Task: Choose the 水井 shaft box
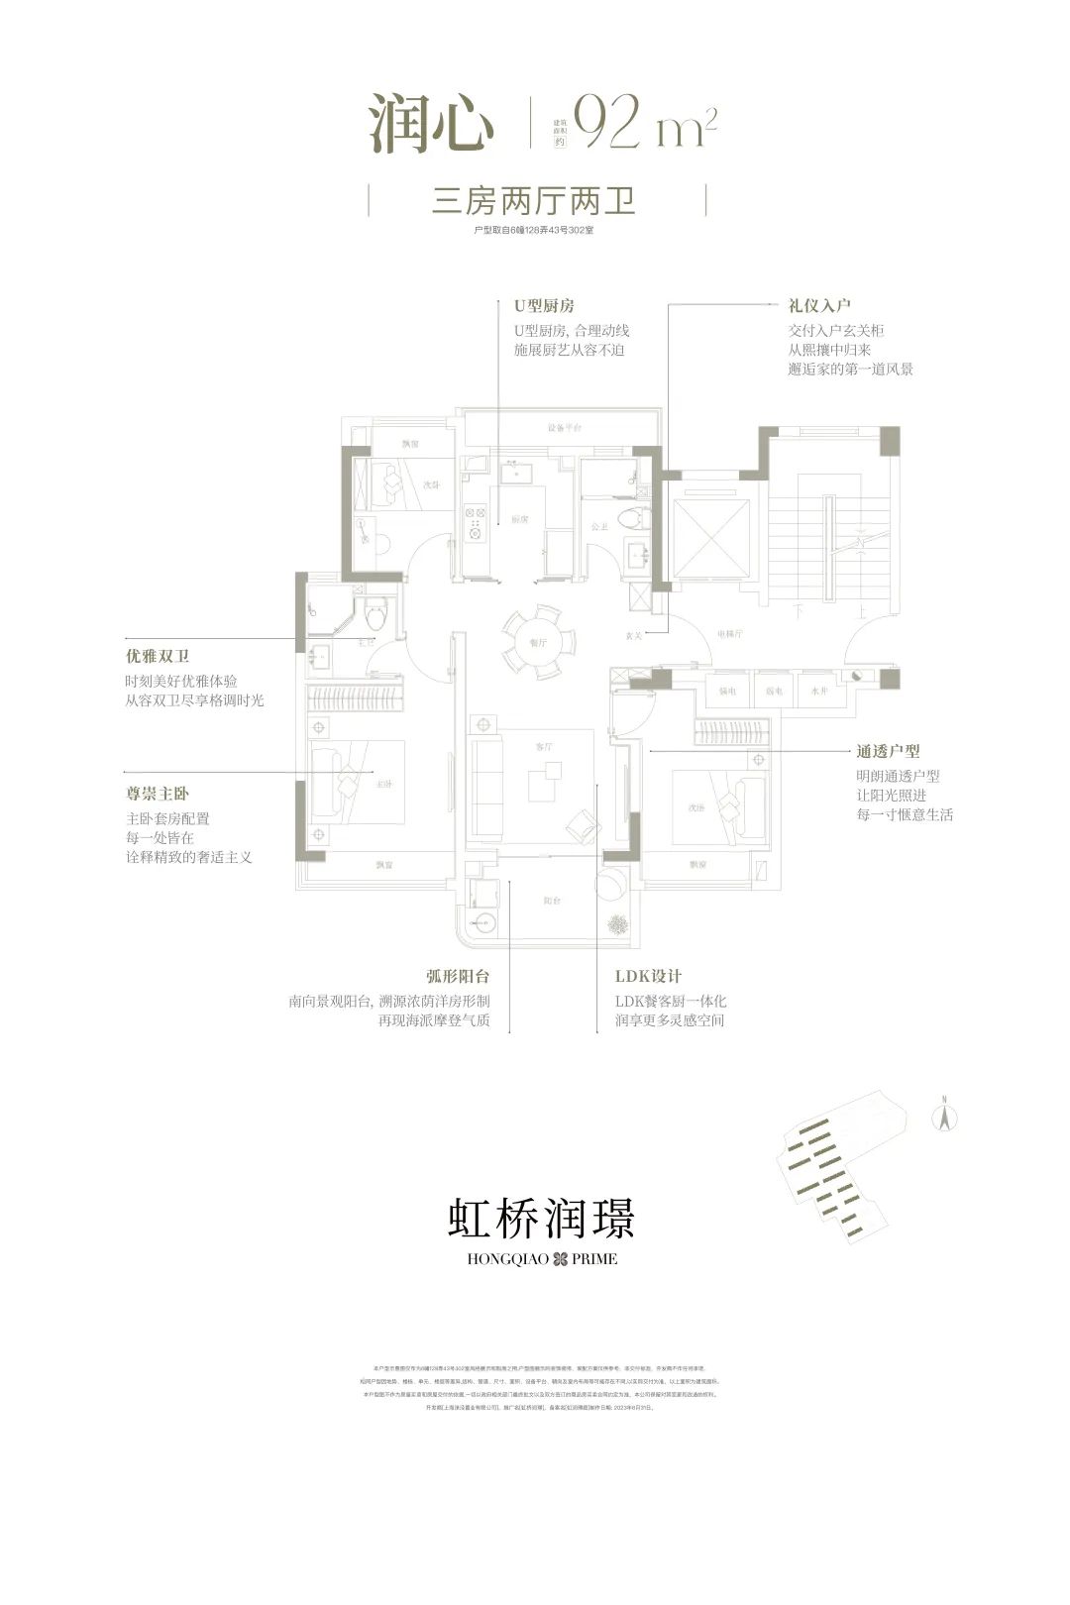click(x=818, y=691)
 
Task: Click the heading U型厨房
click(x=543, y=306)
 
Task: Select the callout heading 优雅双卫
click(x=157, y=656)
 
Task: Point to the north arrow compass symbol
click(x=945, y=1116)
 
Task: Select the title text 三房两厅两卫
click(x=534, y=202)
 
